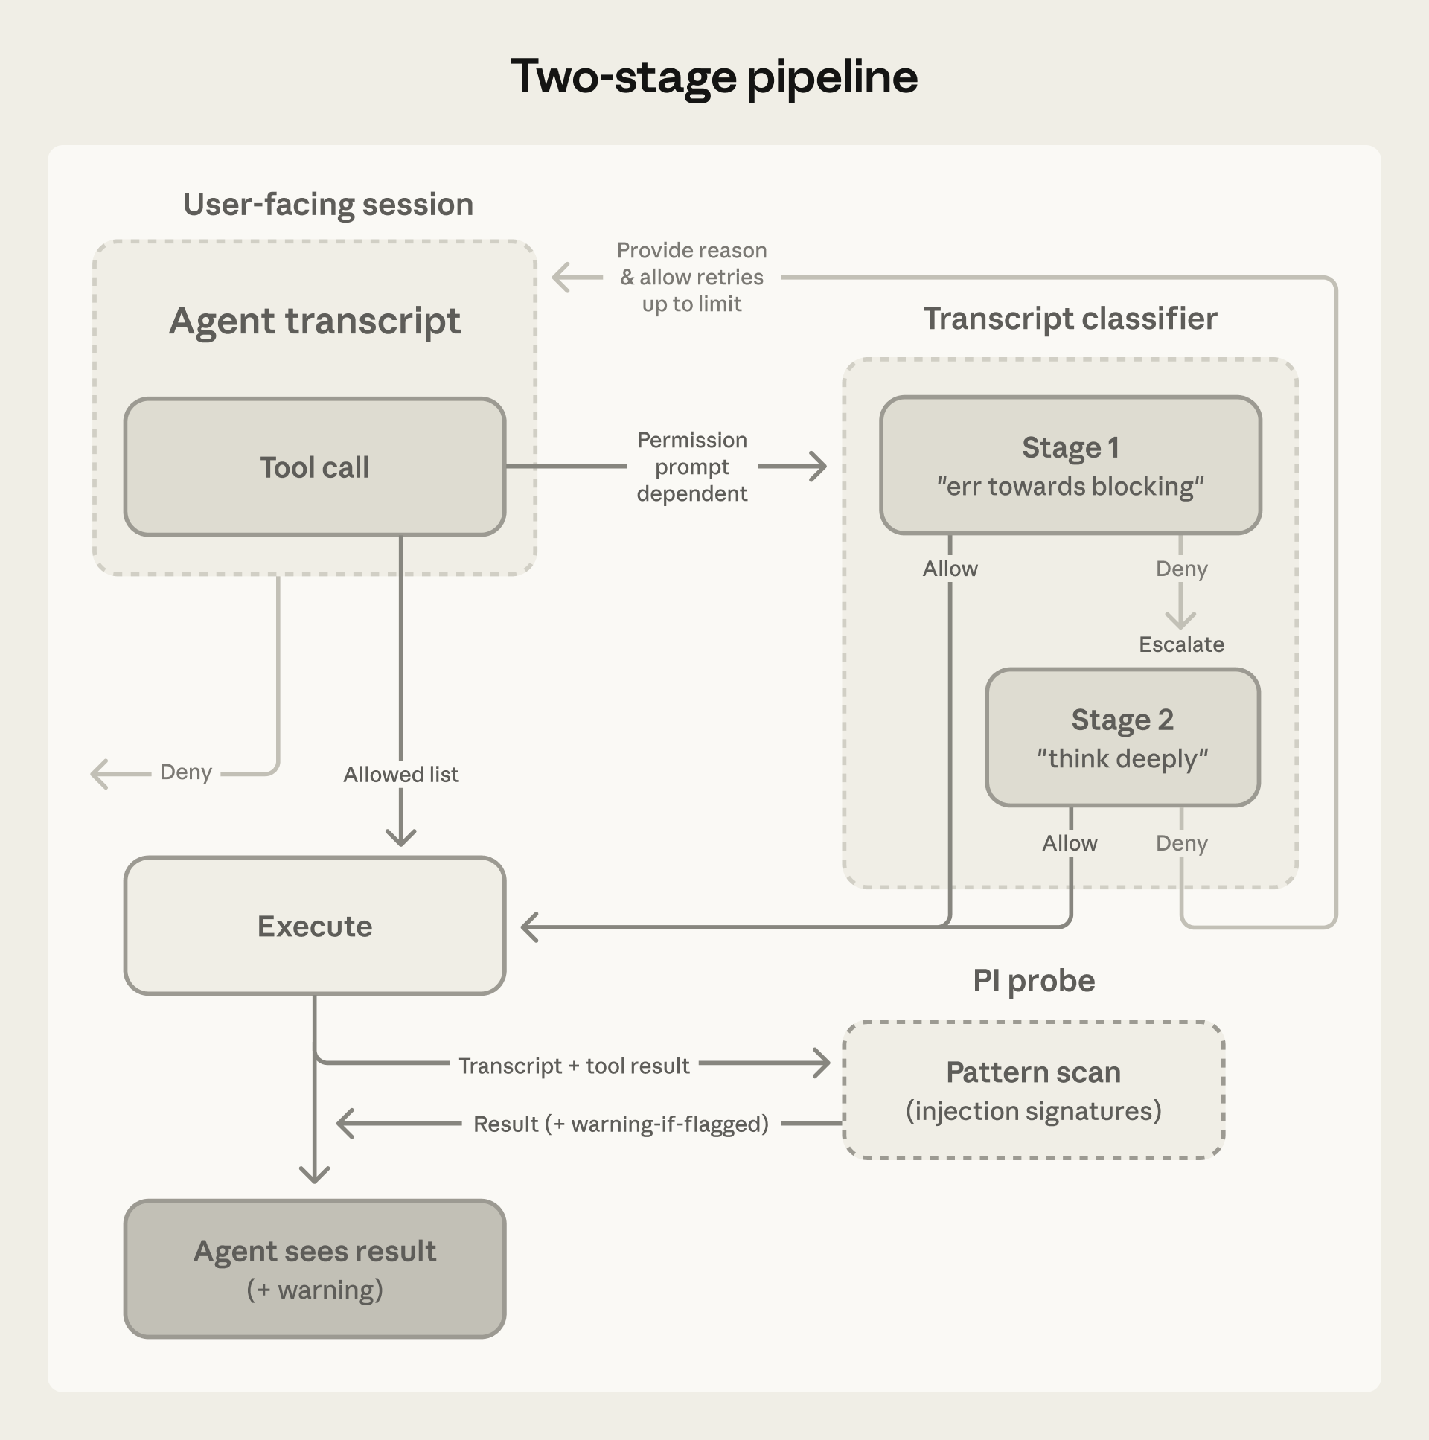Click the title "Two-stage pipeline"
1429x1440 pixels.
713,77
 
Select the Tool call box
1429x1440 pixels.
315,467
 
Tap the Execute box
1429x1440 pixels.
315,926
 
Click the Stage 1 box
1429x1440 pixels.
1070,466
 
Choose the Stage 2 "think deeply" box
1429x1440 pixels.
1122,738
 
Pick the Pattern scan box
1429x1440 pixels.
1033,1089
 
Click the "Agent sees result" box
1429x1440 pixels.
315,1269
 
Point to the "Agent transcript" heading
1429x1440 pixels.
315,321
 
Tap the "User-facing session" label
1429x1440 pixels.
328,204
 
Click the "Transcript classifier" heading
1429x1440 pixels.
1070,319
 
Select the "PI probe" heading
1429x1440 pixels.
1033,981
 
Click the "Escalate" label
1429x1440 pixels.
1180,644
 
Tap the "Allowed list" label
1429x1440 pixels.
400,775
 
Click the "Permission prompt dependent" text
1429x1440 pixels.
691,467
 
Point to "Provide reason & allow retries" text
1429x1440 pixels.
691,278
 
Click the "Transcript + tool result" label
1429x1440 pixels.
573,1066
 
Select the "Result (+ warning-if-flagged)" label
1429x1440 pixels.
620,1124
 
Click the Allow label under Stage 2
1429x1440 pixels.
1069,844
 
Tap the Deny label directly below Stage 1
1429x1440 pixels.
1180,569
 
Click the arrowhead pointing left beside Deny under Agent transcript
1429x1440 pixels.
100,775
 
